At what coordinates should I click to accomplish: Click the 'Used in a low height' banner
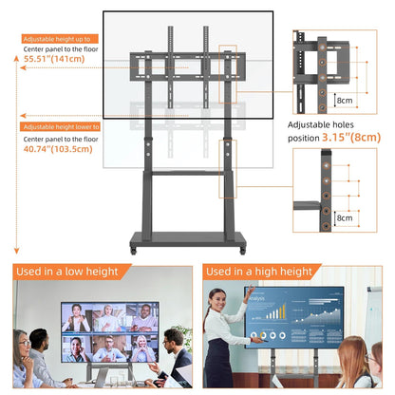(x=67, y=273)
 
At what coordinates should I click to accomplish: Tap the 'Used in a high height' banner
(x=258, y=273)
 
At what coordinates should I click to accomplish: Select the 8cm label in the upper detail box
(x=345, y=99)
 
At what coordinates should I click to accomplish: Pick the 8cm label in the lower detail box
(x=345, y=216)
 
